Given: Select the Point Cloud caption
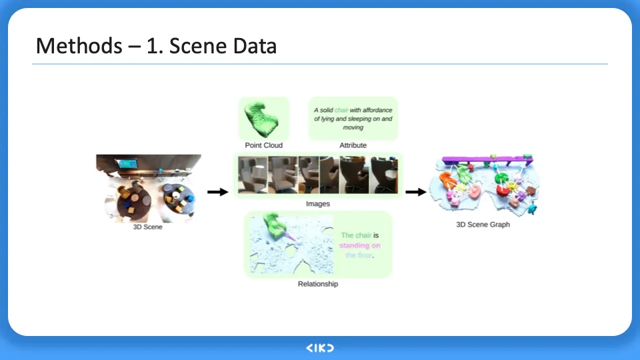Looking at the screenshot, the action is pos(264,145).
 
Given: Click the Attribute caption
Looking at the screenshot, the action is pos(353,145).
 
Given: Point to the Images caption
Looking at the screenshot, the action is pos(317,204).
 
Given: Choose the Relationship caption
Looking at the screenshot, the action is pos(317,284).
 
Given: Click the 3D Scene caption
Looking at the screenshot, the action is pos(147,227).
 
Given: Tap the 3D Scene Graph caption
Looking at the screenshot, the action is pos(483,225).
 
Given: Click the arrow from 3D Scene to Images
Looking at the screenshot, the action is pos(217,193).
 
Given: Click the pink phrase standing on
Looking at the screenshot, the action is pos(359,245).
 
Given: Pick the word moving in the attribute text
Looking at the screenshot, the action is pos(353,127).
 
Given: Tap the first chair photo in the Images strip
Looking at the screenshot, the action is pos(253,175).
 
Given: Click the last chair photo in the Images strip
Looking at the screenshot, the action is pos(384,175).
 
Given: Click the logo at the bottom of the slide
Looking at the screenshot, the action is pos(320,348).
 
